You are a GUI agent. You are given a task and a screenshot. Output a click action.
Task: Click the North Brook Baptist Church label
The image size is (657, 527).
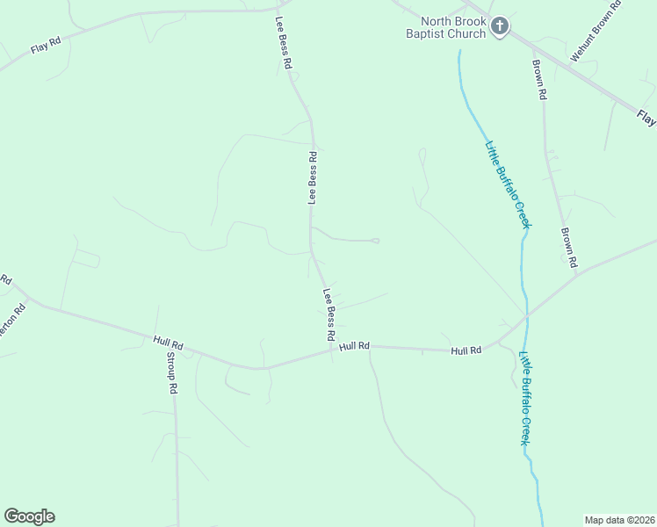pos(452,27)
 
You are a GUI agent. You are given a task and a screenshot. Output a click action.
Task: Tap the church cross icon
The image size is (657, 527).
pos(499,26)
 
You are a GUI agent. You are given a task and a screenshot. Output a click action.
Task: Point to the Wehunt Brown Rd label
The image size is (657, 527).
pos(595,31)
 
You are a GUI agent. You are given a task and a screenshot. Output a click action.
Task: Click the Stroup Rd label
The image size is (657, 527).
pos(172,373)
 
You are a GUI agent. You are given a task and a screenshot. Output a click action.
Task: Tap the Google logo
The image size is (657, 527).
pos(29,516)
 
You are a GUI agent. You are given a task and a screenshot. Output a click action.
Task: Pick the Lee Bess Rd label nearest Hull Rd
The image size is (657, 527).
pos(329,314)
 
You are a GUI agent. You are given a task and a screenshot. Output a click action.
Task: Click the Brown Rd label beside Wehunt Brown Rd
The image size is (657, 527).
pos(540,79)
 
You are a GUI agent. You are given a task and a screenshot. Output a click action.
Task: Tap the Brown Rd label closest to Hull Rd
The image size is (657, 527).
pos(568,248)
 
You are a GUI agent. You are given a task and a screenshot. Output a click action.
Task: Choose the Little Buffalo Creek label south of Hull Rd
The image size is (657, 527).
pos(525,398)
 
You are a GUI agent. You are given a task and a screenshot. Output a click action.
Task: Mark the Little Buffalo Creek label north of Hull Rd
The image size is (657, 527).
pos(509,184)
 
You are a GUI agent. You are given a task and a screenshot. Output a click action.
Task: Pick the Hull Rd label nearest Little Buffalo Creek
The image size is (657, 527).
pos(466,350)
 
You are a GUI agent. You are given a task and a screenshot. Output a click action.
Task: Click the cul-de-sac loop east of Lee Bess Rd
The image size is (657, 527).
pos(376,241)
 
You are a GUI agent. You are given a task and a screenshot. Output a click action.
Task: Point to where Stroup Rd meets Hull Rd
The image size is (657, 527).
pos(172,338)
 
